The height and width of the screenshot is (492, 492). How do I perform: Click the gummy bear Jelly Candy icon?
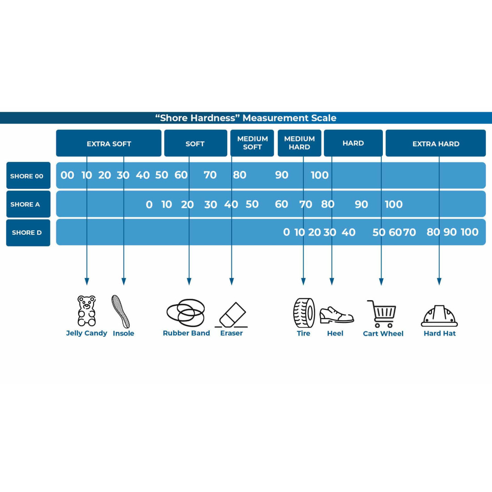[87, 311]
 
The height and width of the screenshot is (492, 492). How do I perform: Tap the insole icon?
[121, 311]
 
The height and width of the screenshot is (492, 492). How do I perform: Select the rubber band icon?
[186, 313]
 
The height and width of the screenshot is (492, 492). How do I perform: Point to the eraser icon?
[232, 315]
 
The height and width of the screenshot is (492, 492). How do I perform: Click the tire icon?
[304, 313]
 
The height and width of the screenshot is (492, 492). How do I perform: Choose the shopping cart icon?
[382, 314]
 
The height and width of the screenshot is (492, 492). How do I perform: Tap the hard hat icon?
[439, 316]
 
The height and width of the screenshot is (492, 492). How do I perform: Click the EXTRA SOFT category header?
[109, 143]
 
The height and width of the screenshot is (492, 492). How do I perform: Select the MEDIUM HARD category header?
[299, 143]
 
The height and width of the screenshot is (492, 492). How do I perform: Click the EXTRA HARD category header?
[436, 143]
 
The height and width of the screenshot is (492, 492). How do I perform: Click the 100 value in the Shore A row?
[394, 204]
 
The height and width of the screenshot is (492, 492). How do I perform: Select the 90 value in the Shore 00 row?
[281, 175]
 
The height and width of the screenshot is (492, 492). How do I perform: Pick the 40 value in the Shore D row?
[348, 232]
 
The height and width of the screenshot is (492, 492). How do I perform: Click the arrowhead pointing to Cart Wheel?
[381, 281]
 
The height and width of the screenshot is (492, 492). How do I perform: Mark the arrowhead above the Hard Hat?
[439, 281]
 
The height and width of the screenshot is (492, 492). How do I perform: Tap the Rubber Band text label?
[187, 333]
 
